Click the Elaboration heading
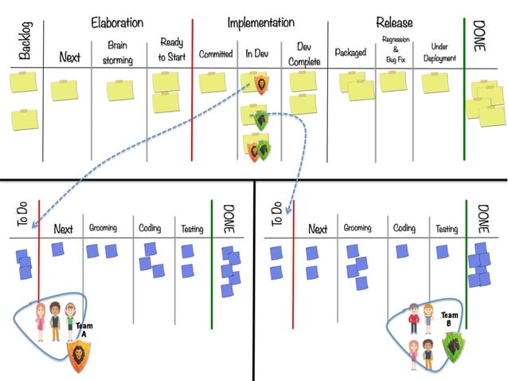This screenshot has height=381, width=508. point(117,23)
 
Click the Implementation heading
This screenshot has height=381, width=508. point(260,23)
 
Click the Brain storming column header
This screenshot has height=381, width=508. point(117,53)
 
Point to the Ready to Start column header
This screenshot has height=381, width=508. point(171,49)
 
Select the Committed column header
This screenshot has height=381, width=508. point(216,54)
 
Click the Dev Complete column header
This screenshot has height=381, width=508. point(303,54)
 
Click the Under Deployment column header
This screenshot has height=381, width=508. point(439,53)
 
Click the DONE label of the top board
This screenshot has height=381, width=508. point(479,36)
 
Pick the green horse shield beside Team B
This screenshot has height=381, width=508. point(453,348)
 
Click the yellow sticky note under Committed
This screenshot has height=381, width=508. point(213,82)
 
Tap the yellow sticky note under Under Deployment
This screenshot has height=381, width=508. point(436,82)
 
